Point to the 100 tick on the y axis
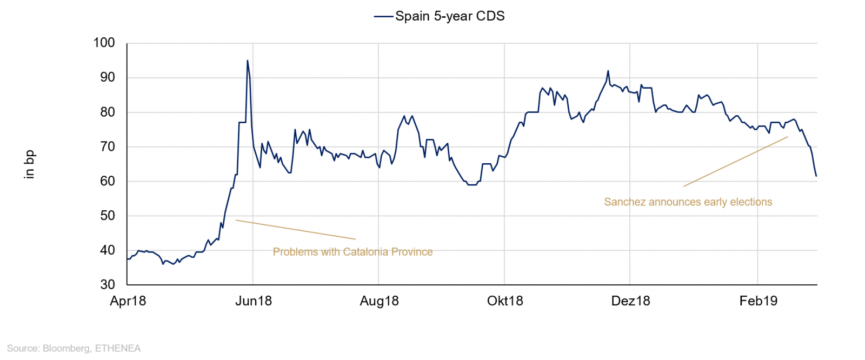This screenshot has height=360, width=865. tap(104, 43)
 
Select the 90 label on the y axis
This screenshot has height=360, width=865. tap(107, 77)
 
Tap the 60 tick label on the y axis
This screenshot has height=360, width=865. tap(107, 181)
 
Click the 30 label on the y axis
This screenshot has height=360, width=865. tap(107, 284)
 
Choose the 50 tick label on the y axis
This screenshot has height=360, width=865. tap(107, 216)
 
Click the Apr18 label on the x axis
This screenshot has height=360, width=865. tap(128, 301)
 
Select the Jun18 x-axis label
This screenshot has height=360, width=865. tap(253, 301)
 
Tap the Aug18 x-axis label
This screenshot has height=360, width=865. tap(379, 301)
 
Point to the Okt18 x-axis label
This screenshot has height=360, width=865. tap(505, 301)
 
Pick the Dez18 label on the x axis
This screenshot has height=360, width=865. tap(630, 301)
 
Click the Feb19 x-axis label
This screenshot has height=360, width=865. tap(758, 301)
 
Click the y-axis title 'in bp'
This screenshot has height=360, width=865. tap(29, 164)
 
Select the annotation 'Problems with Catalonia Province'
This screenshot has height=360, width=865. tap(352, 252)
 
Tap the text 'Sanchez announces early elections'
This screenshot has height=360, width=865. tap(688, 202)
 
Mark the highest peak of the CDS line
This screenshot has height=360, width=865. tap(248, 61)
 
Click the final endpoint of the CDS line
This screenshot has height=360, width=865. tap(816, 176)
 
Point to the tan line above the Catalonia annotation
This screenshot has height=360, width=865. tap(295, 229)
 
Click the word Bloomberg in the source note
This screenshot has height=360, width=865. tap(66, 348)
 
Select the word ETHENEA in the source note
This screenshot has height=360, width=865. tap(118, 348)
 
